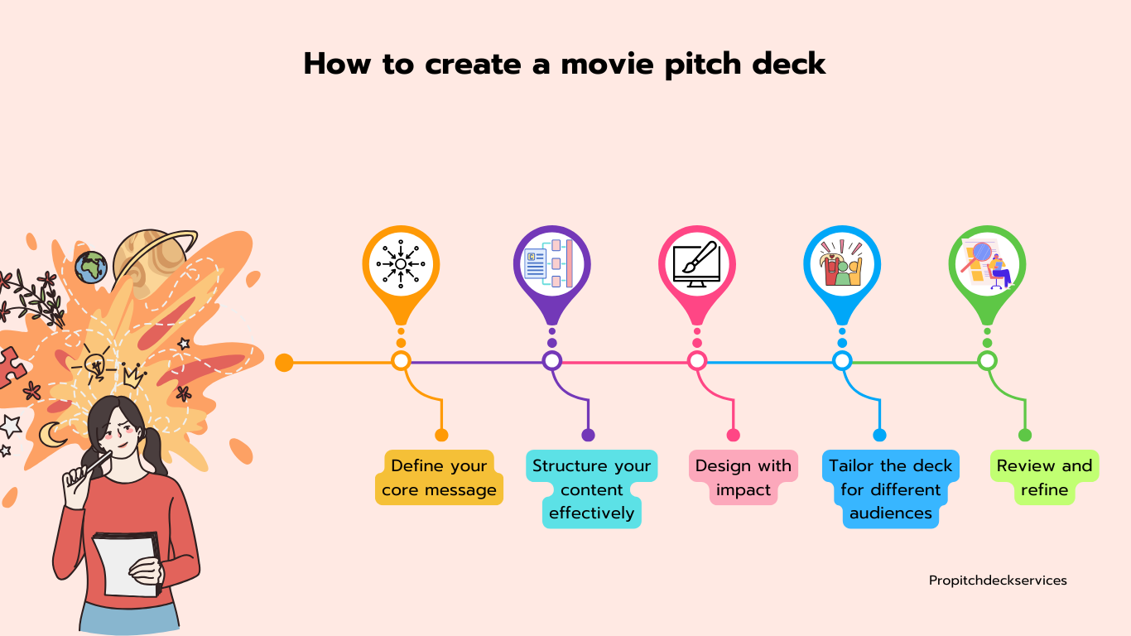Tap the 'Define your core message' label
pyautogui.click(x=439, y=477)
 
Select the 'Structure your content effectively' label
pyautogui.click(x=591, y=489)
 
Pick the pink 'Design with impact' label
pyautogui.click(x=744, y=477)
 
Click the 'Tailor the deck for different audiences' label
pyautogui.click(x=890, y=489)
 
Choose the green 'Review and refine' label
pyautogui.click(x=1044, y=477)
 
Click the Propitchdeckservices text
pyautogui.click(x=998, y=581)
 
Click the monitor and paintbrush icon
pyautogui.click(x=697, y=264)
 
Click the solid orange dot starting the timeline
pyautogui.click(x=284, y=362)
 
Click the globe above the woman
pyautogui.click(x=91, y=267)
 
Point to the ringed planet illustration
pyautogui.click(x=152, y=260)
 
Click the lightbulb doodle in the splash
pyautogui.click(x=95, y=364)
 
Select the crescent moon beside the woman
pyautogui.click(x=51, y=435)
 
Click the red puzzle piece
pyautogui.click(x=11, y=367)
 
